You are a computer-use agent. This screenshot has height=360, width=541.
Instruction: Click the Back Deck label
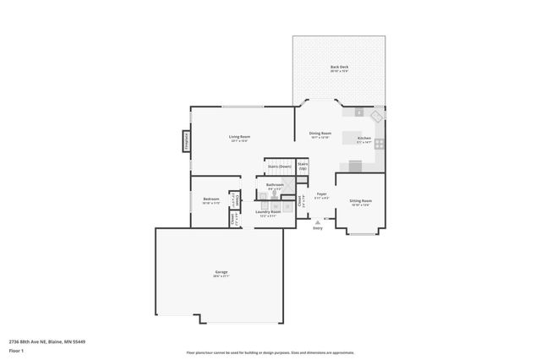coord(339,68)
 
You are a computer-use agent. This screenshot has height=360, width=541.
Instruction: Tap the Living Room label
coord(239,137)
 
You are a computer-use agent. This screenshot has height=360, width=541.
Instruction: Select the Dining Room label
coord(320,134)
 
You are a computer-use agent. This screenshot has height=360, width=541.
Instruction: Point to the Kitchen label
coord(363,138)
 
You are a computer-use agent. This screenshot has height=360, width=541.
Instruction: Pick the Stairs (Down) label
coord(279,166)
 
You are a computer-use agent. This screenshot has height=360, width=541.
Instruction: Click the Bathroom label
coord(275,185)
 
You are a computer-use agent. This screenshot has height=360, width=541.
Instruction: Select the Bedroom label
coord(210,199)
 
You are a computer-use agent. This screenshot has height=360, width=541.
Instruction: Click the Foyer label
coord(321,194)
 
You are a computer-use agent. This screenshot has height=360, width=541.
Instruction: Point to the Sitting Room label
coord(361,201)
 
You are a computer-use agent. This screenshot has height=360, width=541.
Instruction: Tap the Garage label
coord(221,272)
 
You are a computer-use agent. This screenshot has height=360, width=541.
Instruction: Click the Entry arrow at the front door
coord(318,221)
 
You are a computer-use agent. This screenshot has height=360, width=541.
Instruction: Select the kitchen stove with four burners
coord(380,144)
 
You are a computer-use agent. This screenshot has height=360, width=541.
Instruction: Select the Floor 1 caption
coord(16,350)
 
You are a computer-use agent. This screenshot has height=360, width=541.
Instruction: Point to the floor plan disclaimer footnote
coord(270,352)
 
